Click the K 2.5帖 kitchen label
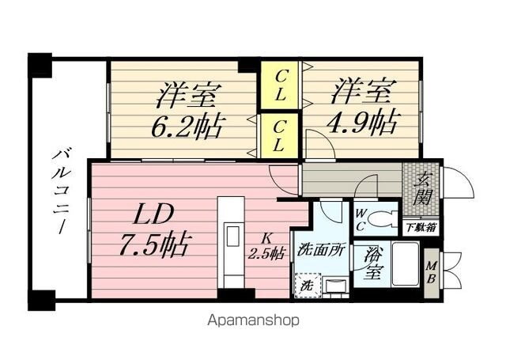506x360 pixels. pyautogui.click(x=267, y=245)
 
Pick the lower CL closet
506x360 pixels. pyautogui.click(x=280, y=135)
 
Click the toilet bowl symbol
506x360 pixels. pyautogui.click(x=385, y=218)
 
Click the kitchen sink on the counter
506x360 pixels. pyautogui.click(x=234, y=237)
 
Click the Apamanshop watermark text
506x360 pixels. pyautogui.click(x=255, y=321)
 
